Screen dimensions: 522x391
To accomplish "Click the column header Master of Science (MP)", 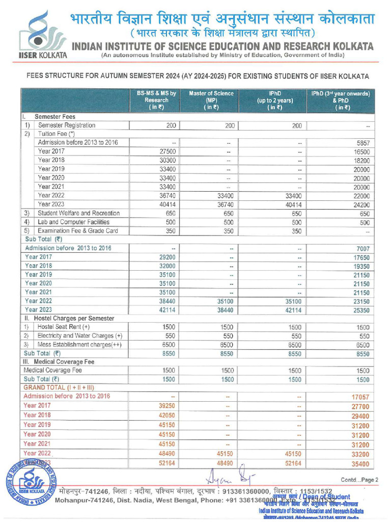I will click(211, 100).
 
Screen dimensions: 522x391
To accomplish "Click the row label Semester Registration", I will click(67, 125).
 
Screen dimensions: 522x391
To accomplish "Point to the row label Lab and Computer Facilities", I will click(74, 222).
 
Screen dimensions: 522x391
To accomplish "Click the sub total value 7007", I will click(361, 248).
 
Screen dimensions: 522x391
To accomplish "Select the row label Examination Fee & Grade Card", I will click(78, 231).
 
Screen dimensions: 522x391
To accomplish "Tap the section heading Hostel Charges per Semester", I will click(74, 318).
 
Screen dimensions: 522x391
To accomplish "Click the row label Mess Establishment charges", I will click(80, 344).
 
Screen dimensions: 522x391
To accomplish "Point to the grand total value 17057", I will click(360, 397).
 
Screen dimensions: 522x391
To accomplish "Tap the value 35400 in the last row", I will click(360, 464).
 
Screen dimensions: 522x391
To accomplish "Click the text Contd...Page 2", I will click(359, 480).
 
